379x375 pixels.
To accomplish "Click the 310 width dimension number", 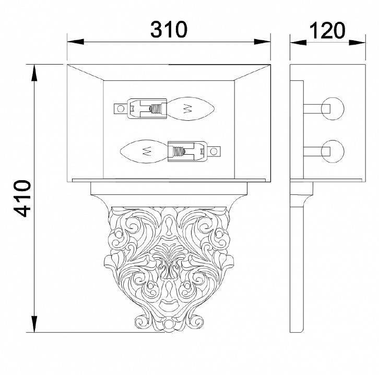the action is point(169,29).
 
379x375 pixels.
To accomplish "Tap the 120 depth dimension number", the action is point(327,30).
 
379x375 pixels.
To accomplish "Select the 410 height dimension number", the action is point(22,198).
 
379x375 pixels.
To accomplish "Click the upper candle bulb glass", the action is point(191,108).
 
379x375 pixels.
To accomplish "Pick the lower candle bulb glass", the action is point(144,152).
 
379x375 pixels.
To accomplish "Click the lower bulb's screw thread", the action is point(178,152).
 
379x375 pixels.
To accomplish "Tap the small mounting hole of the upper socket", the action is point(121,108).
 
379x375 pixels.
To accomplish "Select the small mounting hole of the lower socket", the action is point(214,152).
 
